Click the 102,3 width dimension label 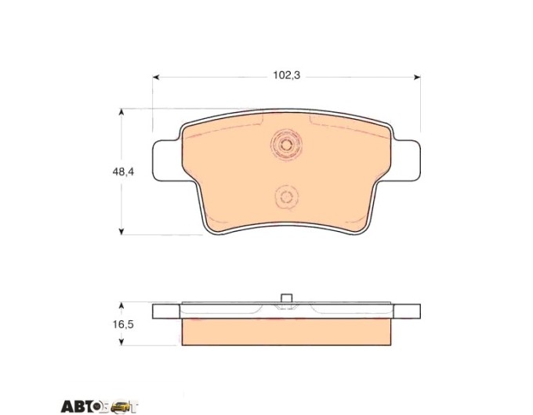tap(287, 75)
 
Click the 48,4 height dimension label tap(123, 171)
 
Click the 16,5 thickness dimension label tap(123, 325)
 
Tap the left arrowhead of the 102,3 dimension tap(156, 78)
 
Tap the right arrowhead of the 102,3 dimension tap(417, 78)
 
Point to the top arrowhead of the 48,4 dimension tap(121, 112)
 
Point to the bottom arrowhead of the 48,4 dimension tap(121, 231)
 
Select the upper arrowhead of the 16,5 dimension tap(121, 305)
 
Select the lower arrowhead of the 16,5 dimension tap(121, 342)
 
